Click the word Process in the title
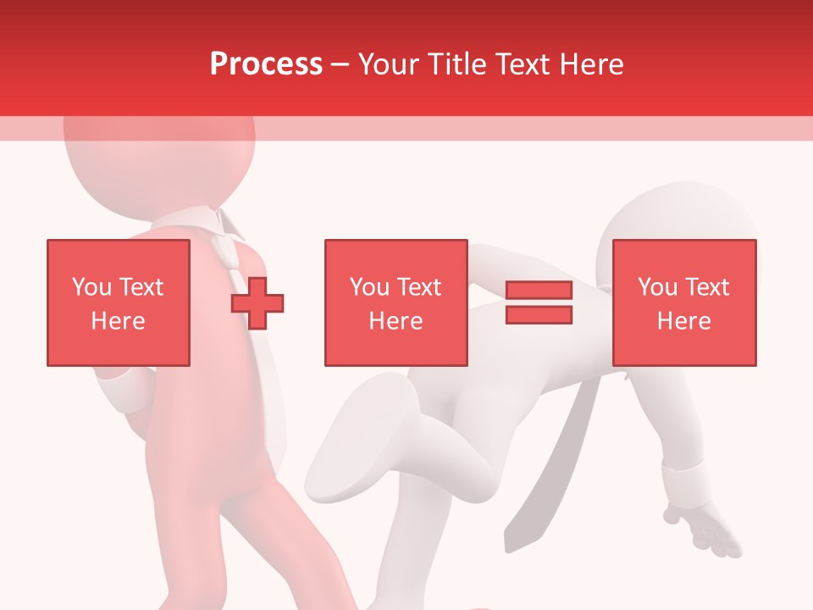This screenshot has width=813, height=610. point(266,64)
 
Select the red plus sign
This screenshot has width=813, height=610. point(257,302)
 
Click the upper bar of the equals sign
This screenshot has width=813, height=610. point(539,291)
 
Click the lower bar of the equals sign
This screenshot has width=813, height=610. point(539,314)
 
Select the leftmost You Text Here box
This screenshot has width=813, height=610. point(119,302)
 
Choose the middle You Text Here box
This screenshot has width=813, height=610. point(396,302)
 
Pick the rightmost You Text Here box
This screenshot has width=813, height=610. point(684,302)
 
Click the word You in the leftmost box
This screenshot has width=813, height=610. point(91,287)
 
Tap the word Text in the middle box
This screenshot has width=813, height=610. point(418,287)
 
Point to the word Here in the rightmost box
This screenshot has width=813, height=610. point(684,321)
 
